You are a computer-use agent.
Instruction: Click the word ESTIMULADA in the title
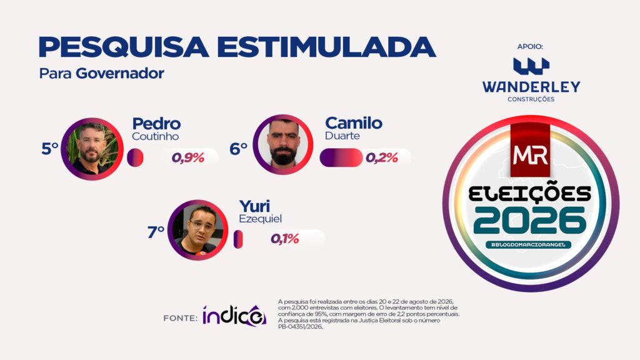coord(326,47)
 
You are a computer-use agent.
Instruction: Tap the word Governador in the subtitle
coord(120,74)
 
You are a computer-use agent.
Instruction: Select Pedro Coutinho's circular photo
coord(92,149)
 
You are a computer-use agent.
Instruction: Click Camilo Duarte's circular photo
coord(283,144)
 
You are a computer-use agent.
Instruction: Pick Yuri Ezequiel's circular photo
coord(198,230)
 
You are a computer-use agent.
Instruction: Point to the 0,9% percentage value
coord(187,157)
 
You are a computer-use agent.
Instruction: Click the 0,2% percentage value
coord(382,157)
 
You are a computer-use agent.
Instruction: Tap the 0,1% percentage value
coord(285,239)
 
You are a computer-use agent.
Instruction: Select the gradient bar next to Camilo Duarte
coord(341,157)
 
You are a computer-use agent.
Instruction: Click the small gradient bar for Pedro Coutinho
coord(135,157)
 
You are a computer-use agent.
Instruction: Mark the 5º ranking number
coord(50,149)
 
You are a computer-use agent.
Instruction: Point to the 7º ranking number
coord(156,232)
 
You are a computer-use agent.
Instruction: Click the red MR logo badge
coord(530,151)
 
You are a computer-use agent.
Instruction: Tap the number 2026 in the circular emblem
coord(530,221)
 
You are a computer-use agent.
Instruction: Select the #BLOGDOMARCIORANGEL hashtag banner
coord(529,244)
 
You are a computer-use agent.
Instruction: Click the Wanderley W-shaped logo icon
coord(531,66)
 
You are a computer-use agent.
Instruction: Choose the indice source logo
coord(234,316)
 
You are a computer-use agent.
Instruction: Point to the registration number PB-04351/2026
coord(301,326)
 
